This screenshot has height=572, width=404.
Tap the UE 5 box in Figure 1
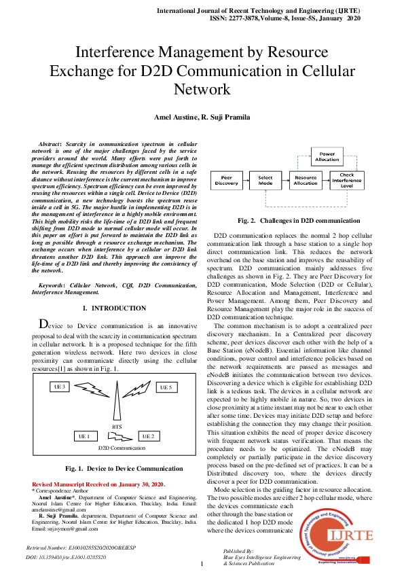[166, 387]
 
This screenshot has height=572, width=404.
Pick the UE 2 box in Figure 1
[148, 435]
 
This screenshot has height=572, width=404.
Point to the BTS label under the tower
[116, 426]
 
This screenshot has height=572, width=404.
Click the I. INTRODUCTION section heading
[113, 308]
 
